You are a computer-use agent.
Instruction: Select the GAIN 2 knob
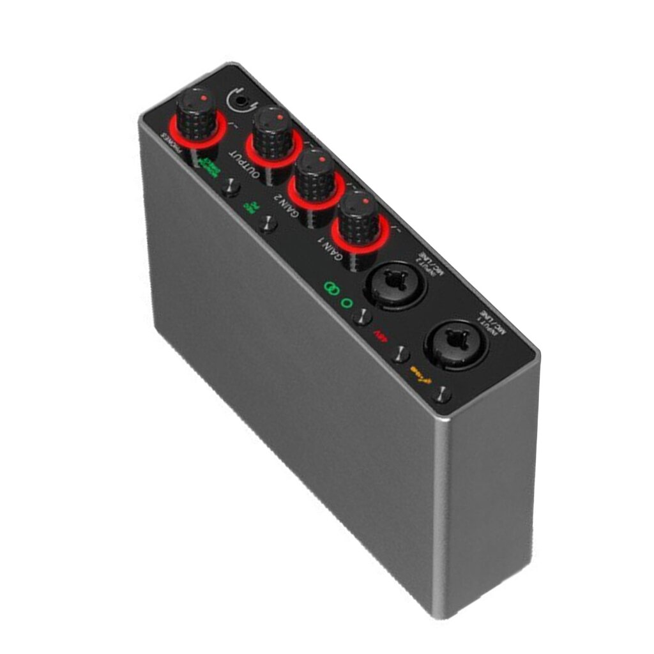314,172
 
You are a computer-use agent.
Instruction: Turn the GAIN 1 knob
359,217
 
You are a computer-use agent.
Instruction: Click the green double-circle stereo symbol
331,289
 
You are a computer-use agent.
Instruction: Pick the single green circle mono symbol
347,303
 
